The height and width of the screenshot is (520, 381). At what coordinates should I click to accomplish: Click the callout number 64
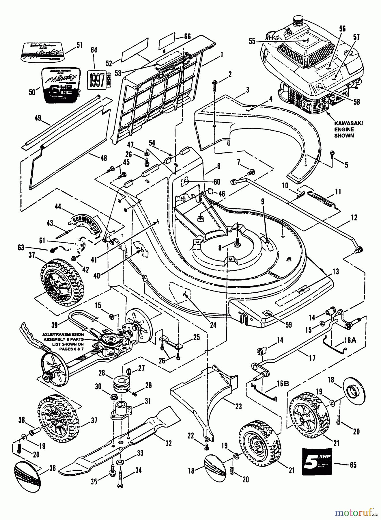[94, 50]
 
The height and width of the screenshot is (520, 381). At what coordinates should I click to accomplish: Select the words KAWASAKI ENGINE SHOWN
[348, 129]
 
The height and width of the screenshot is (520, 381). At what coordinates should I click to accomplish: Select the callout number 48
[103, 158]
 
